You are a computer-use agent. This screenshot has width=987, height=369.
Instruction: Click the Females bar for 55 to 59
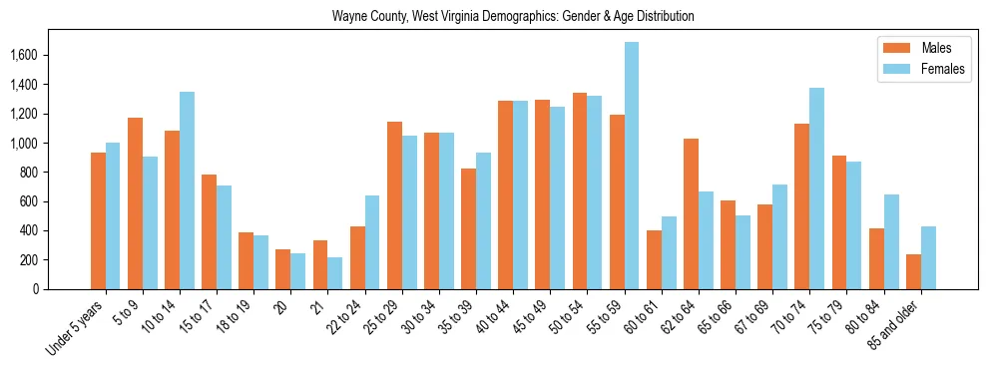[x=632, y=166]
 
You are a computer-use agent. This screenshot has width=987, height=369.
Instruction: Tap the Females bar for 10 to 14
[x=187, y=190]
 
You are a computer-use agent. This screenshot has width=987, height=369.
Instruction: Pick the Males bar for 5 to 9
[x=135, y=203]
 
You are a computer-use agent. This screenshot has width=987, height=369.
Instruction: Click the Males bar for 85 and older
[x=913, y=271]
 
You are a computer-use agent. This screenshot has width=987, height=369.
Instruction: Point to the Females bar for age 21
[x=335, y=273]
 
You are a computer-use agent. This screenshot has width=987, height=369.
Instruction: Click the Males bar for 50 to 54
[x=580, y=216]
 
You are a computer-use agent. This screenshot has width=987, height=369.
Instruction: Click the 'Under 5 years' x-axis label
[x=77, y=328]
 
